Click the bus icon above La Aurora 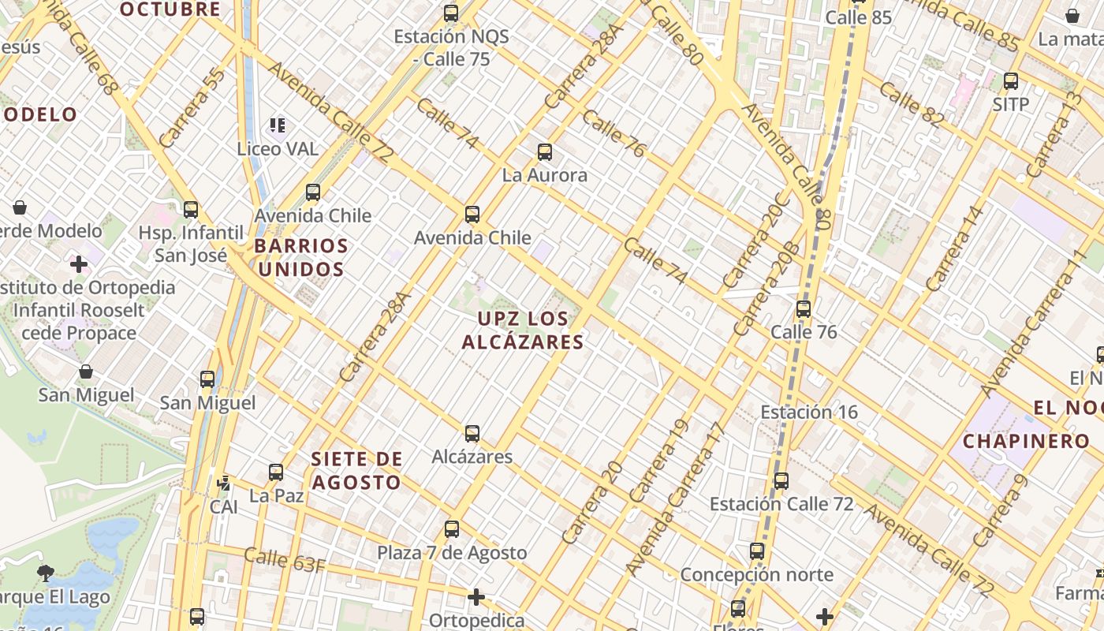point(544,152)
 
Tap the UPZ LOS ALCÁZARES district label point(523,330)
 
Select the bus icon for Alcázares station point(472,434)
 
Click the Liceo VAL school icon point(277,125)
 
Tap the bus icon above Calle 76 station point(804,309)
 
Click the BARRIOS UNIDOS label point(301,258)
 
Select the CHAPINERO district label point(1015,441)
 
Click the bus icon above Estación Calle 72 point(781,480)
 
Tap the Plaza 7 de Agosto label point(452,553)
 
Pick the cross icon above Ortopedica point(476,597)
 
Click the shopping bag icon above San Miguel point(86,372)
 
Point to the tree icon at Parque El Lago point(46,573)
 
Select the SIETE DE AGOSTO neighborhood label point(356,470)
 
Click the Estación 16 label point(808,412)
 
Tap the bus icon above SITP point(1010,80)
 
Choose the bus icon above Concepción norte point(757,551)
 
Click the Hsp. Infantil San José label point(191,244)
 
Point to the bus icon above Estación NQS point(451,13)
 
